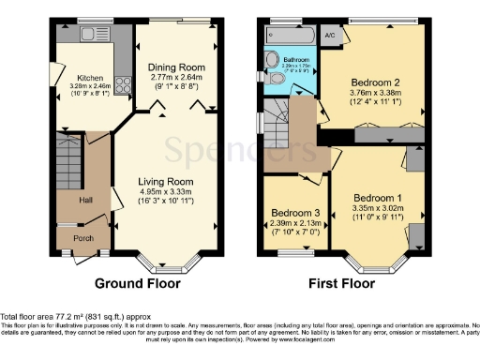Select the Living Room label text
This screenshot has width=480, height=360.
166,181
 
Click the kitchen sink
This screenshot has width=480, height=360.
94,34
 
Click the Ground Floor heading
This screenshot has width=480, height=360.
139,282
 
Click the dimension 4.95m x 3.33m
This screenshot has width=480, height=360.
166,193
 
